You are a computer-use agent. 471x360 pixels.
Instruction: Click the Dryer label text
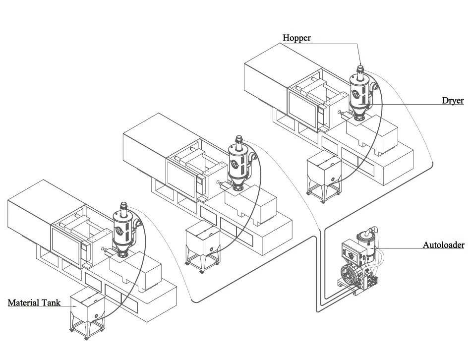(453, 101)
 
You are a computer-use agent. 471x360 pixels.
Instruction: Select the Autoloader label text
(443, 244)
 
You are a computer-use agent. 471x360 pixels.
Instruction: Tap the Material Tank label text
(34, 301)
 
